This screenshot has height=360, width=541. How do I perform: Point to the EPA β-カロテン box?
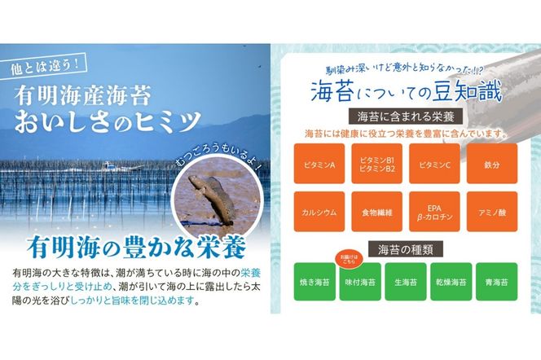tap(433, 212)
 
